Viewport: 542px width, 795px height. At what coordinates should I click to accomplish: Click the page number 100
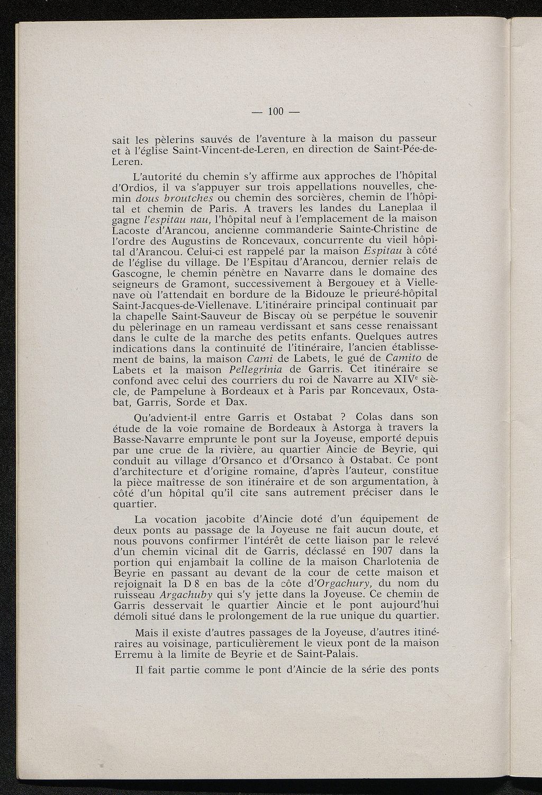pyautogui.click(x=276, y=111)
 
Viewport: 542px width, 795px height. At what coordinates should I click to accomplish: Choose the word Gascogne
pyautogui.click(x=138, y=273)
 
